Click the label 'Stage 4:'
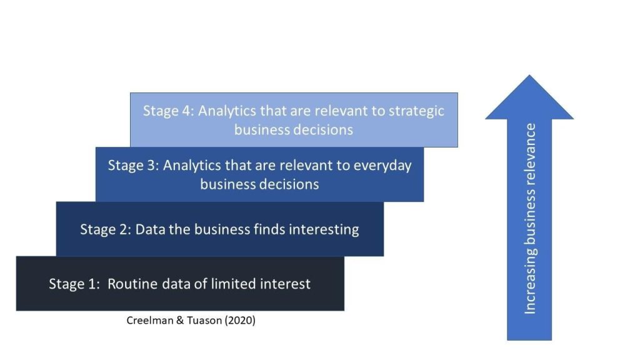[x=169, y=111]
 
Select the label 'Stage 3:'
[x=134, y=166]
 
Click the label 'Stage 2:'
[x=106, y=229]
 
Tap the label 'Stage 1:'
[x=74, y=284]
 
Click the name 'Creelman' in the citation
[x=147, y=321]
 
